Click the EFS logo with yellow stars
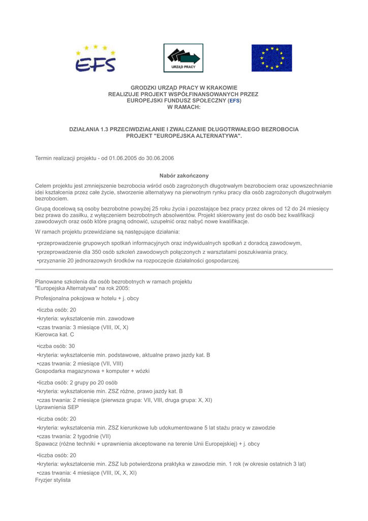coord(96,58)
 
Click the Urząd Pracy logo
coord(183,58)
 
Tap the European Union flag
coord(272,58)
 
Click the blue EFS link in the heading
coord(234,101)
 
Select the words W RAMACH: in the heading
coord(183,107)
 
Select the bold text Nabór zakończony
coord(184,175)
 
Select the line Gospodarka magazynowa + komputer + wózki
coord(92,371)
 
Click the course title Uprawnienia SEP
coord(57,407)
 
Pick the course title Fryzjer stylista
coord(53,480)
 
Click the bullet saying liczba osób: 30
coord(57,345)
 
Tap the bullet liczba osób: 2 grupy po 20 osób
coord(77,382)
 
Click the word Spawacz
coord(46,444)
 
